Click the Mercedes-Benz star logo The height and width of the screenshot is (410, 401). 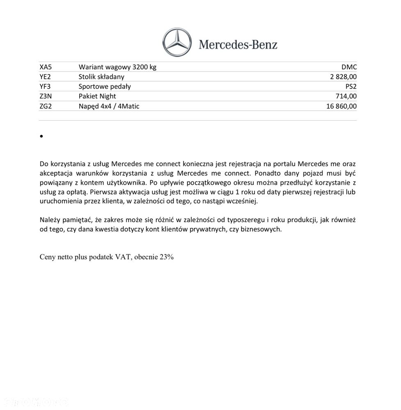click(177, 42)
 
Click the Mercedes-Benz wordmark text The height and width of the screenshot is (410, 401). click(238, 44)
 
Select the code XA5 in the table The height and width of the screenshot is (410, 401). click(46, 67)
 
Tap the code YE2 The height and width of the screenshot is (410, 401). click(45, 77)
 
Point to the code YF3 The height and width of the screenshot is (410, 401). click(45, 87)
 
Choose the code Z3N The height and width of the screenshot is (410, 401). click(46, 96)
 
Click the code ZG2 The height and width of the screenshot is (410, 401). click(46, 106)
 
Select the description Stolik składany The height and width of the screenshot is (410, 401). click(101, 77)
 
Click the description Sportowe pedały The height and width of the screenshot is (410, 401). click(105, 87)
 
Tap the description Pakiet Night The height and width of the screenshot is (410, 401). click(97, 96)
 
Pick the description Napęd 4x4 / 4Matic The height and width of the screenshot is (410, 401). click(109, 106)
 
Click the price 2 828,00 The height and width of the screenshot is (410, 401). click(343, 77)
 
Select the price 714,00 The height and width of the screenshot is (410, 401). click(346, 96)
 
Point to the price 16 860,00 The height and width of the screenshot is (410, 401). click(341, 106)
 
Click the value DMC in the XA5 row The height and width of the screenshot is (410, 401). click(349, 67)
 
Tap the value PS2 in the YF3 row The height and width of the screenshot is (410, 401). click(351, 87)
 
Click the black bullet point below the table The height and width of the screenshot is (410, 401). click(42, 136)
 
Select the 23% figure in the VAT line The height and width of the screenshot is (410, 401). click(167, 257)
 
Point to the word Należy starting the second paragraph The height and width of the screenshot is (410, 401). click(50, 220)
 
